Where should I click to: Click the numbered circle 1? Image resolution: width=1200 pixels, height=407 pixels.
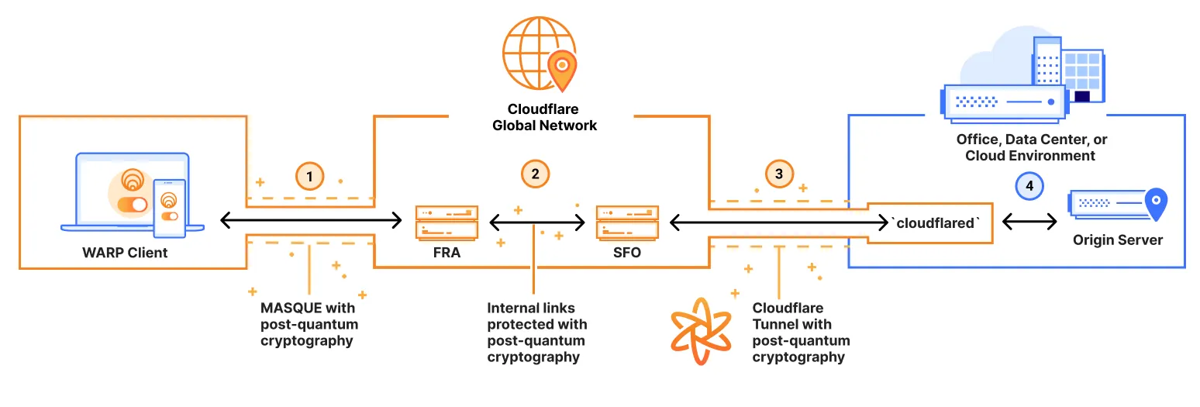pyautogui.click(x=310, y=177)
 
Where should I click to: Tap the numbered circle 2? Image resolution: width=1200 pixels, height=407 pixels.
pyautogui.click(x=535, y=174)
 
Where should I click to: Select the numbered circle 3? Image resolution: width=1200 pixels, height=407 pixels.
pyautogui.click(x=779, y=174)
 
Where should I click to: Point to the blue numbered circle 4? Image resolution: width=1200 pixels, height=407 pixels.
pyautogui.click(x=1029, y=186)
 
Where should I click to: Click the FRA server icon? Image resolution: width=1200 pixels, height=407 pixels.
pyautogui.click(x=447, y=222)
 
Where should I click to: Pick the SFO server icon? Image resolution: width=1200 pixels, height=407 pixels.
pyautogui.click(x=627, y=222)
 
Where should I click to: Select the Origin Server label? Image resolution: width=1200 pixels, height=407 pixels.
pyautogui.click(x=1117, y=240)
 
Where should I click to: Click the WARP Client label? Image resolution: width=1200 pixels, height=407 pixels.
pyautogui.click(x=125, y=253)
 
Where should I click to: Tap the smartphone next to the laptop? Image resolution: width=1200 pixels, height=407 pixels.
pyautogui.click(x=169, y=208)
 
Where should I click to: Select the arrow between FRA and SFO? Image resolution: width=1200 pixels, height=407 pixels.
pyautogui.click(x=536, y=223)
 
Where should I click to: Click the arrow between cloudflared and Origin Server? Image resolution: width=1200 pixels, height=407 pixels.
pyautogui.click(x=1029, y=222)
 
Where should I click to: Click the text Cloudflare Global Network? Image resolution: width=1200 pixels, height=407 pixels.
pyautogui.click(x=544, y=117)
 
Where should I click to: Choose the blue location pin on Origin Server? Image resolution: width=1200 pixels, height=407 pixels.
pyautogui.click(x=1156, y=203)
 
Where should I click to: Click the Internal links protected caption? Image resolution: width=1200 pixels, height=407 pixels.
pyautogui.click(x=536, y=333)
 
